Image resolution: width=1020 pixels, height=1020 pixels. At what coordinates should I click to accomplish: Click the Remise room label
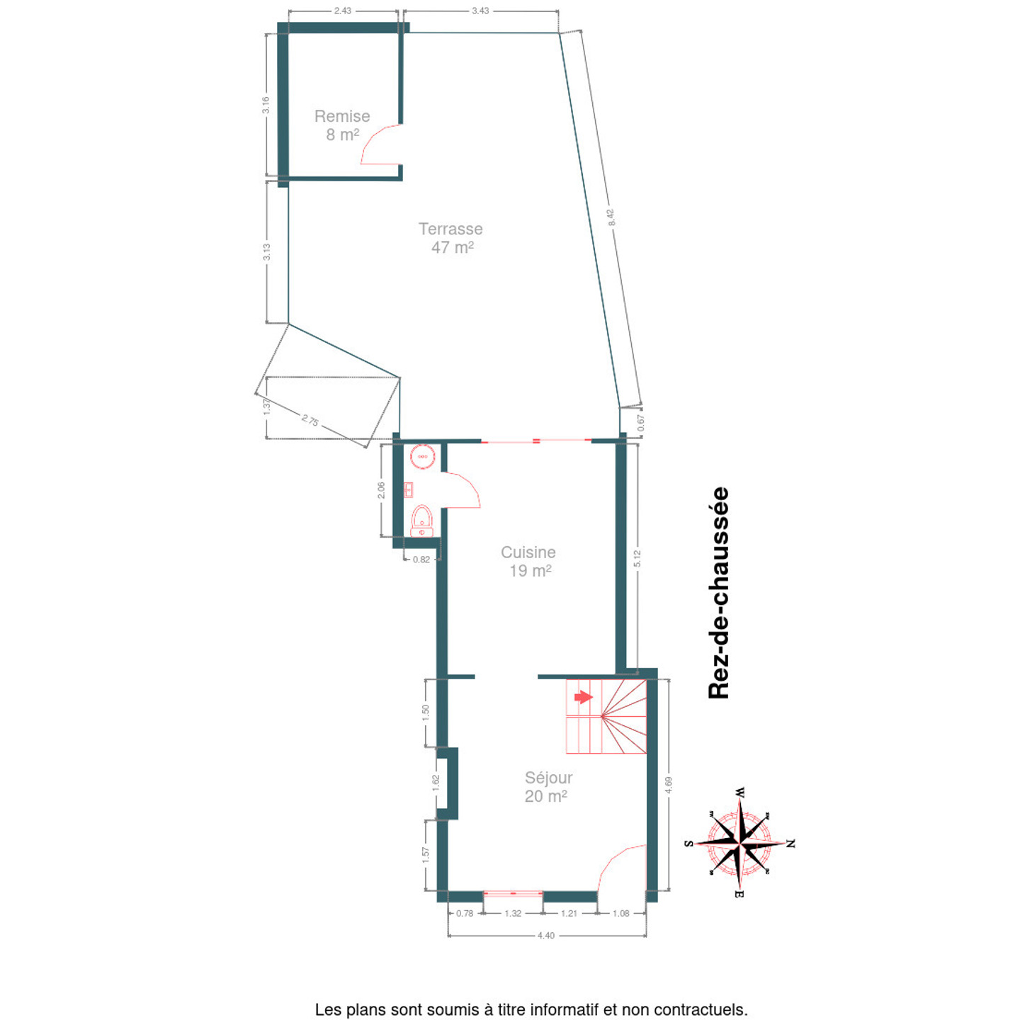pos(342,116)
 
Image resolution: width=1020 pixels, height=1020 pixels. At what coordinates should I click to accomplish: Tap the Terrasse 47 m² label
pos(451,238)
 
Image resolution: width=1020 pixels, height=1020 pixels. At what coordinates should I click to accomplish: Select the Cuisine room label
pos(528,552)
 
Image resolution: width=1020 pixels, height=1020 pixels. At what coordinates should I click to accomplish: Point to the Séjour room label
pos(548,778)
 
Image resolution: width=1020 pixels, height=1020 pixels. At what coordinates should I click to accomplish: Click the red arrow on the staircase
pos(583,697)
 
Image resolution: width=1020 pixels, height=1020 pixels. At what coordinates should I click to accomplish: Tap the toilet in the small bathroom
pos(422,521)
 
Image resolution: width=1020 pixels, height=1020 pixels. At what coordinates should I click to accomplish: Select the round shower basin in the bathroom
pos(422,456)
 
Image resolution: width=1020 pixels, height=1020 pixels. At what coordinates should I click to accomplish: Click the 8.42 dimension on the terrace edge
pos(611,217)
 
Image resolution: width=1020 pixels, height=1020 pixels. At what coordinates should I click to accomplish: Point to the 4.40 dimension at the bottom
pos(545,935)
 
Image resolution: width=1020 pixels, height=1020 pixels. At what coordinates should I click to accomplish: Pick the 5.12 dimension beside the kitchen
pos(637,559)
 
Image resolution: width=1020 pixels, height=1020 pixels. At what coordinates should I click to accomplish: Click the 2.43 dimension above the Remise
pos(342,11)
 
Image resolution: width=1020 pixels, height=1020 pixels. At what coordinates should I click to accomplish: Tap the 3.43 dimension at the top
pos(480,11)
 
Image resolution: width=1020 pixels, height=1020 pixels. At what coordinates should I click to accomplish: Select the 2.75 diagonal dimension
pos(310,420)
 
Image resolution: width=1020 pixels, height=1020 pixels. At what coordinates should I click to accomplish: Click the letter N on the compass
pos(790,844)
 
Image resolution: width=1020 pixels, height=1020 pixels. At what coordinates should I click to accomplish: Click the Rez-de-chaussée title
pos(719,593)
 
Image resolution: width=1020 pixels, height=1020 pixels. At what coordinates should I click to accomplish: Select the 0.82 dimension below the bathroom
pos(421,560)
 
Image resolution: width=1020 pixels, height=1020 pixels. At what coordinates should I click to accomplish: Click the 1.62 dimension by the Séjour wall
pos(436,783)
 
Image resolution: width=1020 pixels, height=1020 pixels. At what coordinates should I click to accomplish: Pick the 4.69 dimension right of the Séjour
pos(669,785)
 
